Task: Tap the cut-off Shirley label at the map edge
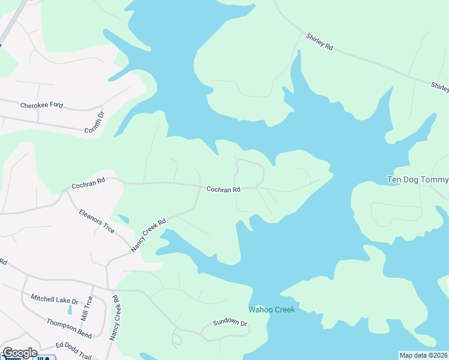(x=439, y=88)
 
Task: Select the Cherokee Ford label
(x=41, y=105)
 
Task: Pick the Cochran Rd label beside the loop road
(x=223, y=189)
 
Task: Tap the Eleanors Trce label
(x=96, y=221)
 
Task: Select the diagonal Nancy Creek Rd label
(x=148, y=235)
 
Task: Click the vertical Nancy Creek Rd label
(x=115, y=318)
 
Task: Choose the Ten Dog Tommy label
(x=418, y=179)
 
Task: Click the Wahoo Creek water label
(x=272, y=310)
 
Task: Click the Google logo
(x=20, y=353)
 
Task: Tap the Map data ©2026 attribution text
(x=423, y=355)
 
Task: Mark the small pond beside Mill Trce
(x=70, y=310)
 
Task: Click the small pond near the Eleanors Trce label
(x=124, y=220)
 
